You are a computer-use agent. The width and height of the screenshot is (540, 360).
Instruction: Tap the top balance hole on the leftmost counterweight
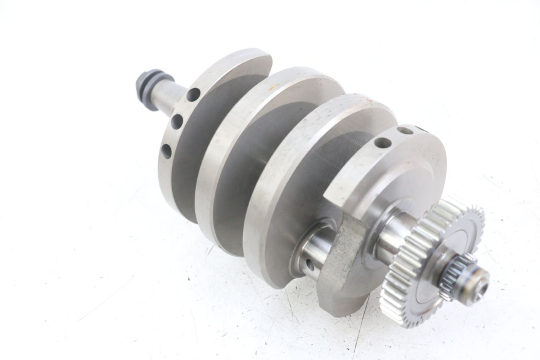(x=193, y=94)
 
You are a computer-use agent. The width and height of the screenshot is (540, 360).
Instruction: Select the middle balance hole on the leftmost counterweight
(x=177, y=121)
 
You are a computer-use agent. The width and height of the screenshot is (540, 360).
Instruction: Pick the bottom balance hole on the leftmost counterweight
(x=166, y=151)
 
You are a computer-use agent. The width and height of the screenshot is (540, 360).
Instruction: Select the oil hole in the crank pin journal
(x=309, y=265)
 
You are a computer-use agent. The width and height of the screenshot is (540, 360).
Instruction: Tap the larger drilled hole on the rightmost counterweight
(x=382, y=143)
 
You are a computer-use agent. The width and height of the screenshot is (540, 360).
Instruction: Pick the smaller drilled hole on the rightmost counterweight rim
(x=406, y=130)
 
